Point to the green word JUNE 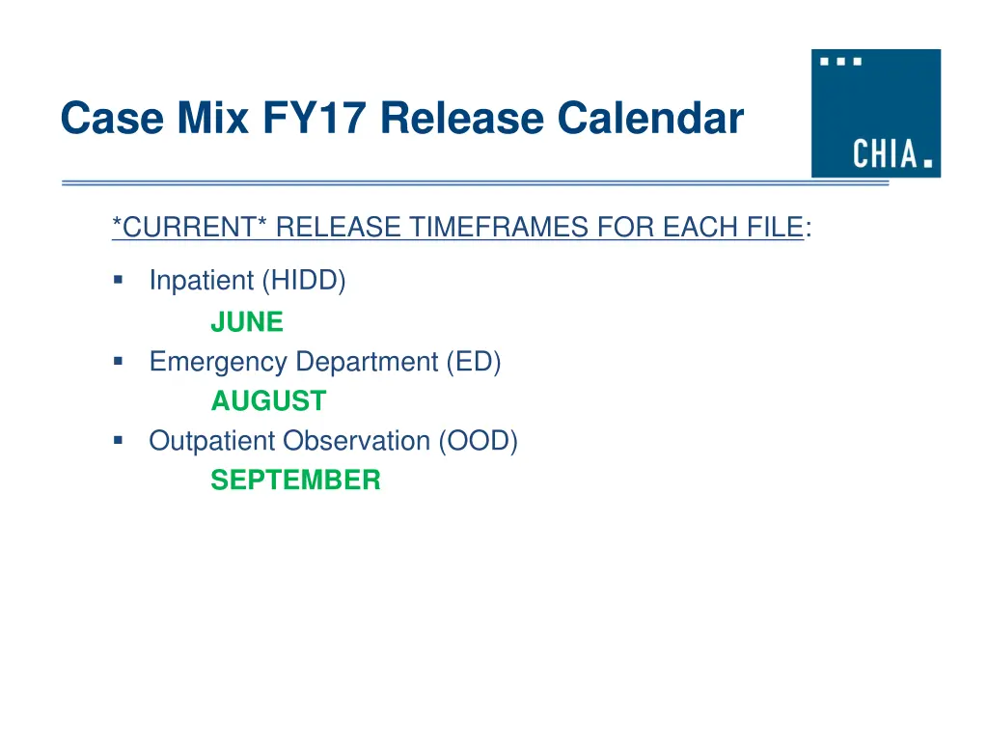(x=247, y=322)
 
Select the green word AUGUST (x=268, y=400)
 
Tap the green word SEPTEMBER (x=295, y=480)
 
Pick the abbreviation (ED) (x=473, y=362)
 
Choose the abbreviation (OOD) (x=478, y=441)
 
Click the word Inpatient (x=202, y=281)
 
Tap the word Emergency (x=218, y=362)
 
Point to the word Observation (x=356, y=441)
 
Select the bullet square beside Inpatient (x=118, y=281)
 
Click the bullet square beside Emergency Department (x=118, y=361)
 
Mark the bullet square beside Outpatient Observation (x=118, y=440)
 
